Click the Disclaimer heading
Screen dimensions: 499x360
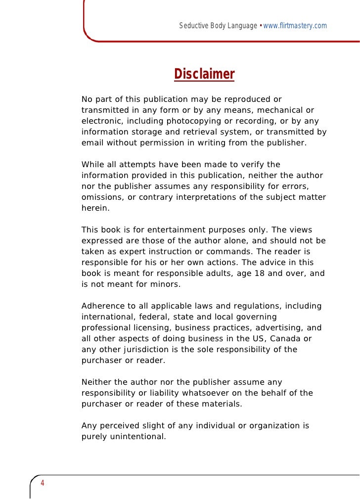(x=204, y=75)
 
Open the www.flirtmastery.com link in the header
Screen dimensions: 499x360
(x=295, y=25)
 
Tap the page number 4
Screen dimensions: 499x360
(x=43, y=483)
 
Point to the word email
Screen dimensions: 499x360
(x=92, y=143)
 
